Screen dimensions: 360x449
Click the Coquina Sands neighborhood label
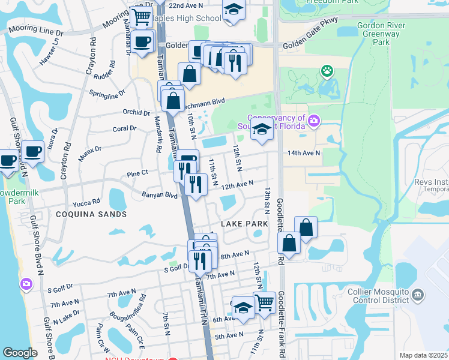pyautogui.click(x=91, y=214)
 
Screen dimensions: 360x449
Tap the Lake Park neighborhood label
pyautogui.click(x=244, y=224)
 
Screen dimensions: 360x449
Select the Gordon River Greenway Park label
pyautogui.click(x=382, y=34)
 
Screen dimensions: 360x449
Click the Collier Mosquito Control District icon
pyautogui.click(x=418, y=295)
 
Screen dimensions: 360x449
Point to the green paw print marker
pyautogui.click(x=327, y=72)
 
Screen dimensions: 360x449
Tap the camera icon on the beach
pyautogui.click(x=26, y=283)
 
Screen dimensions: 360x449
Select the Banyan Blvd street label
pyautogui.click(x=160, y=195)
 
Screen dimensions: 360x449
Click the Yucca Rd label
pyautogui.click(x=86, y=203)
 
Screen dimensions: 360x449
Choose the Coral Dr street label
pyautogui.click(x=125, y=128)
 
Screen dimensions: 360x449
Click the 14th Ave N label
pyautogui.click(x=304, y=153)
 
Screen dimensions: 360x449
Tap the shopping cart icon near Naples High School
pyautogui.click(x=141, y=17)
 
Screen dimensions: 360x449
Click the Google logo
pyautogui.click(x=20, y=353)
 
